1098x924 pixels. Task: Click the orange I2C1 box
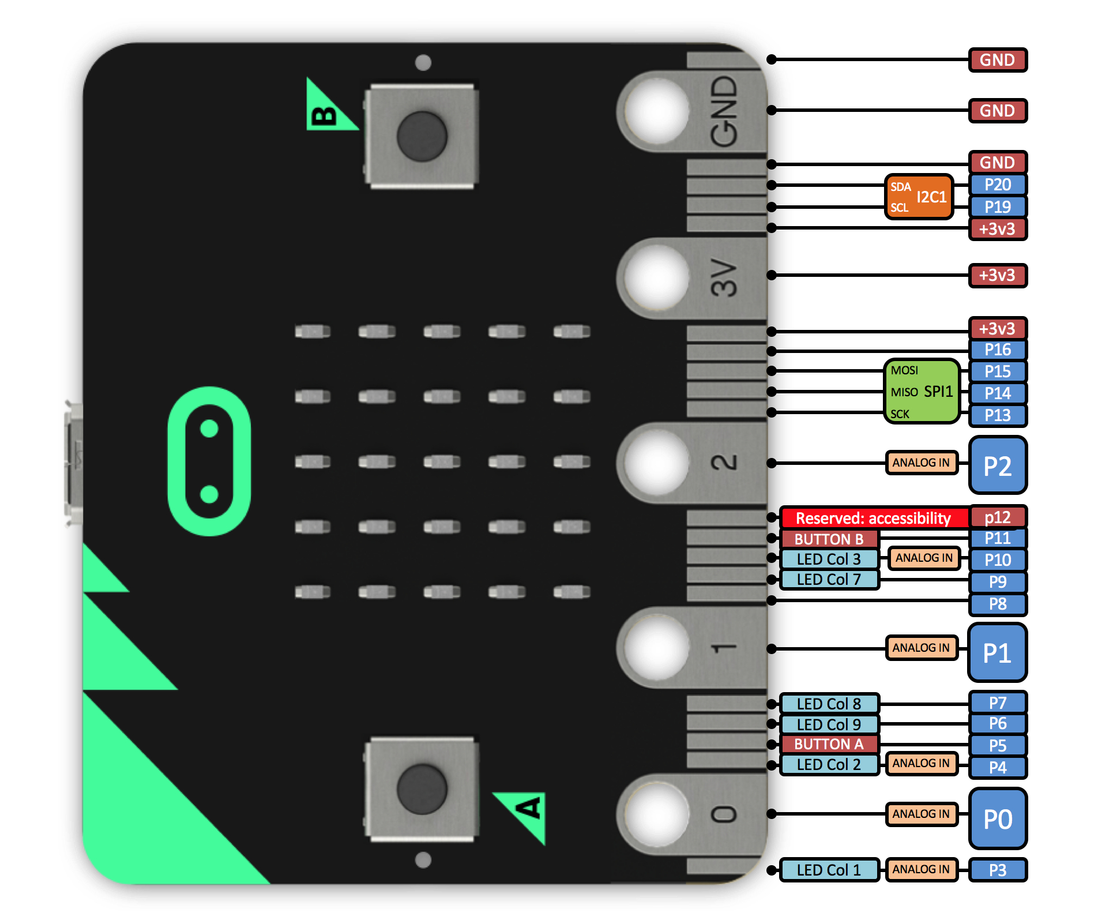point(919,197)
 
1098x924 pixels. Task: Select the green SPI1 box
point(922,392)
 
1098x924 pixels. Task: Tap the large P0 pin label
point(998,818)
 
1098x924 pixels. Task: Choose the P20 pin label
point(998,185)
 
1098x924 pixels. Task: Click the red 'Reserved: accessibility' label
point(873,518)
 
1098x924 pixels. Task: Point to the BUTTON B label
point(829,539)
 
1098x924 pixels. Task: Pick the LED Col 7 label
point(829,579)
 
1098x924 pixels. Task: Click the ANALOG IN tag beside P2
point(921,463)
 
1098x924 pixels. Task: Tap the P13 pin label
point(998,415)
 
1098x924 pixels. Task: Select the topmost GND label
point(998,60)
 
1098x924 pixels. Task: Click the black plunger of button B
point(422,137)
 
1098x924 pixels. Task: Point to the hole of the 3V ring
point(656,278)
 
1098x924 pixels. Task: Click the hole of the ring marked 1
point(656,647)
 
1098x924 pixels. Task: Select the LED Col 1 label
point(829,870)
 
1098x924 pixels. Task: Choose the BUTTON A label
point(829,744)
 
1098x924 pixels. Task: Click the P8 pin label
point(998,604)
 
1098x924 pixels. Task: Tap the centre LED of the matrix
point(442,461)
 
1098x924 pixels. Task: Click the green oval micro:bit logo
point(209,461)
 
